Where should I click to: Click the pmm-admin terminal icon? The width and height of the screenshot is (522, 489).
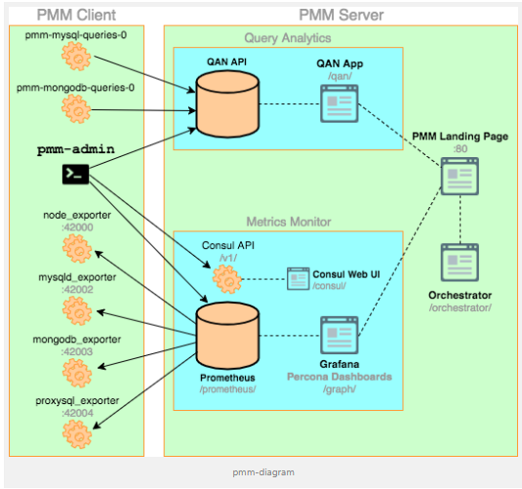(75, 174)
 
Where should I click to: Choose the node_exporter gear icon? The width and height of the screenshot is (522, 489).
(75, 249)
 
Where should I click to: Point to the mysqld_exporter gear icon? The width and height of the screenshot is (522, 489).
(75, 309)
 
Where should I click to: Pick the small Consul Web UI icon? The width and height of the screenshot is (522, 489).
(298, 277)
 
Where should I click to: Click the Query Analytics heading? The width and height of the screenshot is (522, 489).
(288, 38)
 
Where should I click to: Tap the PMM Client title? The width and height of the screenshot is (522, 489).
(75, 15)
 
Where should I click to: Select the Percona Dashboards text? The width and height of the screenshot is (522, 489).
(341, 376)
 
